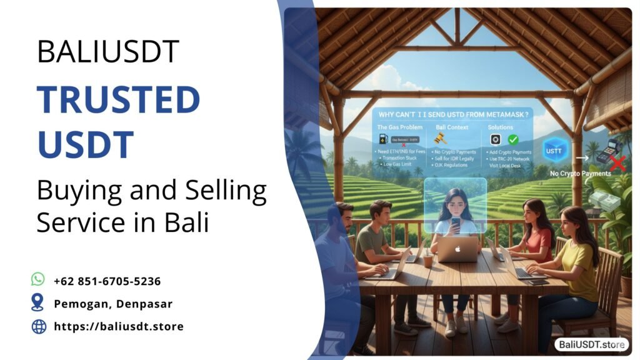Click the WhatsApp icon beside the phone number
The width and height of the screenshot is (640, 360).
pyautogui.click(x=38, y=279)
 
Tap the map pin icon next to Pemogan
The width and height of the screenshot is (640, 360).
pyautogui.click(x=38, y=303)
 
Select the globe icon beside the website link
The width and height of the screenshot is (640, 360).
pyautogui.click(x=39, y=326)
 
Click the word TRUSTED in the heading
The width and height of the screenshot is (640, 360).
pyautogui.click(x=118, y=100)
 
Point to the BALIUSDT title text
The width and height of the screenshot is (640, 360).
pyautogui.click(x=108, y=52)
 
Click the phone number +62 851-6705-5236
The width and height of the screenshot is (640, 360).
pyautogui.click(x=107, y=281)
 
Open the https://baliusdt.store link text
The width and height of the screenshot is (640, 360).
pyautogui.click(x=119, y=326)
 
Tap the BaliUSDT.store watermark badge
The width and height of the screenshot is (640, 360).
pyautogui.click(x=591, y=344)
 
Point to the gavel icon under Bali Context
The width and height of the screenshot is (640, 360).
pyautogui.click(x=440, y=140)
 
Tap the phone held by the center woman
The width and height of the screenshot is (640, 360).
pyautogui.click(x=455, y=223)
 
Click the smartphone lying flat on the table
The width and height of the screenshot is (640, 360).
pyautogui.click(x=537, y=282)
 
